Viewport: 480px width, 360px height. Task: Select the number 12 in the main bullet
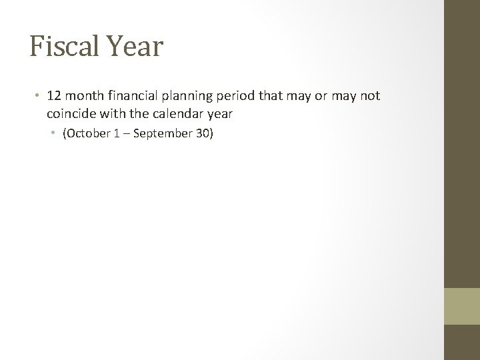(x=55, y=96)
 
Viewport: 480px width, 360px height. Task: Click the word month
(x=85, y=96)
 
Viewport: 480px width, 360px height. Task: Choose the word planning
(x=191, y=96)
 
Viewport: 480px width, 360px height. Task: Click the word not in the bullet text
(x=369, y=96)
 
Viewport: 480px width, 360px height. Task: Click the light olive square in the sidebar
(x=462, y=305)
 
